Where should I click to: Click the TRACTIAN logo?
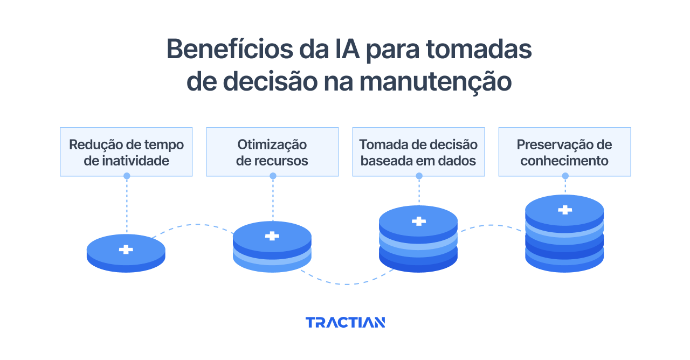click(345, 322)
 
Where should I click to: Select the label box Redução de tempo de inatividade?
click(126, 152)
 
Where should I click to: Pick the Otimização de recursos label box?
click(272, 152)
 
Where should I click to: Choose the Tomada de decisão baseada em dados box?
click(418, 152)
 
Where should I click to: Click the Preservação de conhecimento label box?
click(564, 152)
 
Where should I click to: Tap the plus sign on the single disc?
click(126, 249)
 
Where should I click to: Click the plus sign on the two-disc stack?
click(272, 236)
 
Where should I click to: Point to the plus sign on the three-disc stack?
click(418, 221)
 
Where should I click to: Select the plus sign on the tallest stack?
click(564, 210)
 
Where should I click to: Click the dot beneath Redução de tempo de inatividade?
click(127, 176)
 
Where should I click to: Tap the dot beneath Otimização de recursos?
click(273, 176)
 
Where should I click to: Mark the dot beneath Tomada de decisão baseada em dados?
click(419, 176)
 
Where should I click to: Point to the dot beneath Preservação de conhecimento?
click(565, 176)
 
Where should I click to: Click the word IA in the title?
click(342, 50)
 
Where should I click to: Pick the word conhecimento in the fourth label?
click(564, 161)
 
